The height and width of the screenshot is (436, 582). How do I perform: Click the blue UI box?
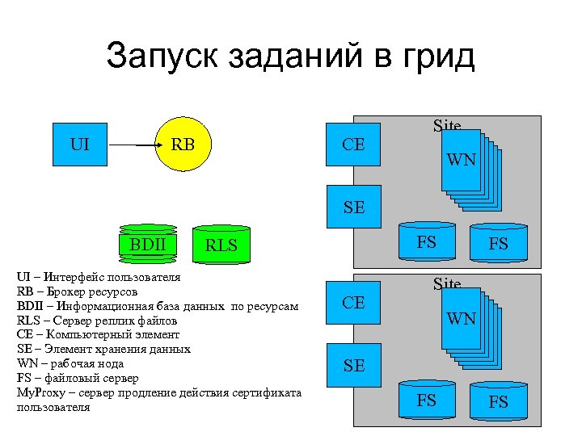coord(80,145)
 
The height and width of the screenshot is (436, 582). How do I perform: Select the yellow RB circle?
coord(183,145)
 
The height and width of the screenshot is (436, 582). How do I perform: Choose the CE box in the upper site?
coord(353,145)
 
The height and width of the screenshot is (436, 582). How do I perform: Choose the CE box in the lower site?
coord(353,303)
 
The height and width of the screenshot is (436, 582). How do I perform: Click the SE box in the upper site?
coord(353,208)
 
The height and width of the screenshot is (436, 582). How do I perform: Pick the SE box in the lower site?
coord(353,365)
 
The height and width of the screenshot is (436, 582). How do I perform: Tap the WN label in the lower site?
coord(462,319)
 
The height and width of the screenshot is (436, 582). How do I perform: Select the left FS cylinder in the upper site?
coord(427,242)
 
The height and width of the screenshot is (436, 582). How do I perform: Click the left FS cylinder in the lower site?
coord(427,400)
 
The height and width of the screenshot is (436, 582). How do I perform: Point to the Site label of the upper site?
coord(447,125)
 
